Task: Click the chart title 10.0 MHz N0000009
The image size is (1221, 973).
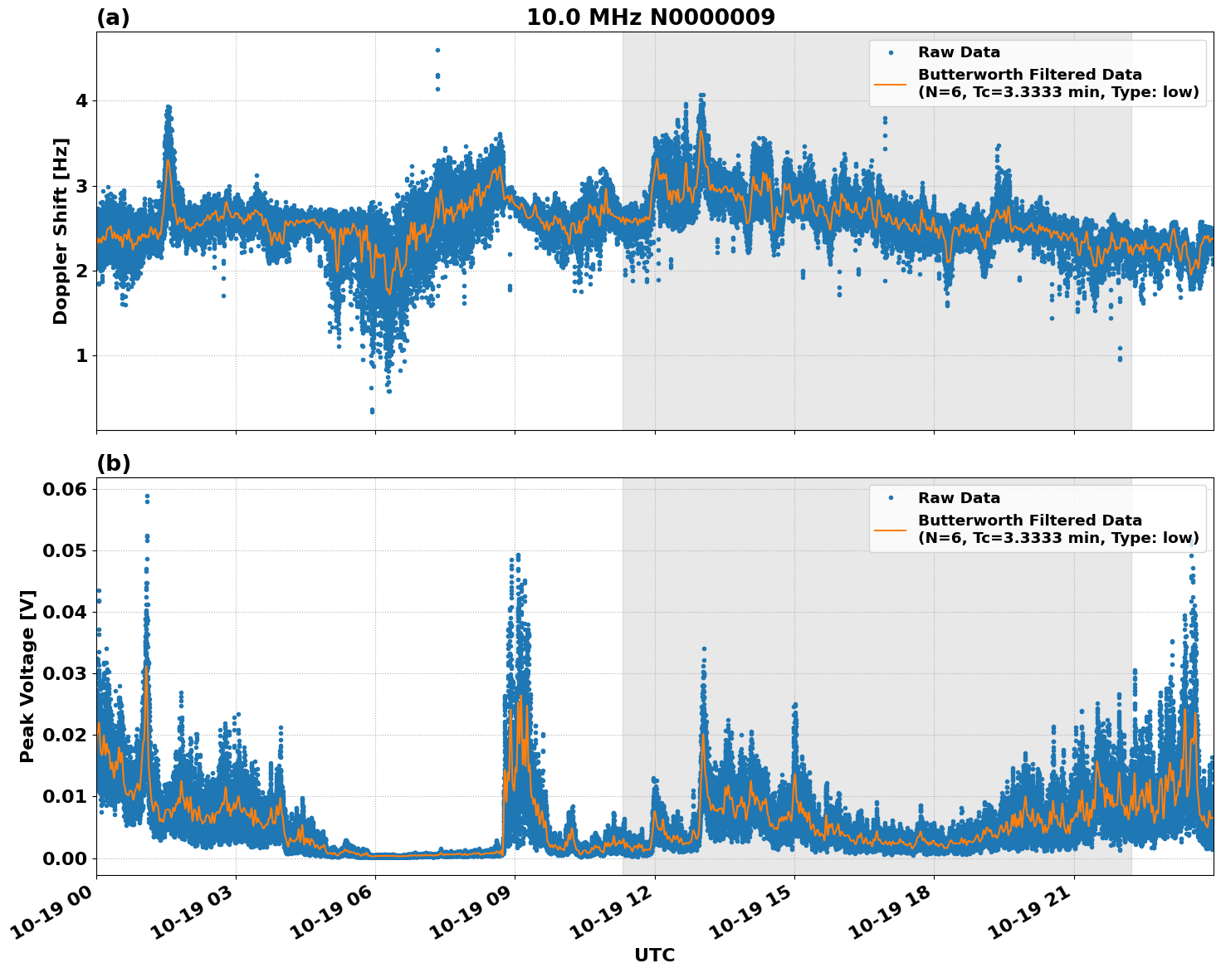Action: coord(650,17)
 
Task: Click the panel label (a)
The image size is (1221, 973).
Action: coord(113,17)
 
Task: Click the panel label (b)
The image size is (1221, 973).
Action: coord(113,463)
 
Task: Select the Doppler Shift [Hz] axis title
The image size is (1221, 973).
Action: coord(61,231)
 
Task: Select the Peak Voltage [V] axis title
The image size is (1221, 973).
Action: coord(27,676)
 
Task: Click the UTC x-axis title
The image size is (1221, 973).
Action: coord(654,955)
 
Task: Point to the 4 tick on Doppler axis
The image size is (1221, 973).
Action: coord(82,101)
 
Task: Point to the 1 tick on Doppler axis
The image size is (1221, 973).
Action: coord(82,355)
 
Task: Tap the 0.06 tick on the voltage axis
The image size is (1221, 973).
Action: coord(65,489)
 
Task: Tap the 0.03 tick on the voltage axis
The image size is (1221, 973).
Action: coord(65,673)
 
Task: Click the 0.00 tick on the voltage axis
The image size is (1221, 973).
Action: coord(65,858)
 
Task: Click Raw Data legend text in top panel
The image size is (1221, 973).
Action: coord(959,52)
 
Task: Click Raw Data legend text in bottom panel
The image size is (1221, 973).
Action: coord(959,498)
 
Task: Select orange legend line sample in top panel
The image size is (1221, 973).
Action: coord(890,83)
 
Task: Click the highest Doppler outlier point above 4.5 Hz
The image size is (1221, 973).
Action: coord(437,50)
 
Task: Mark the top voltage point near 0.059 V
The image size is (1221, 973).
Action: coord(147,496)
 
